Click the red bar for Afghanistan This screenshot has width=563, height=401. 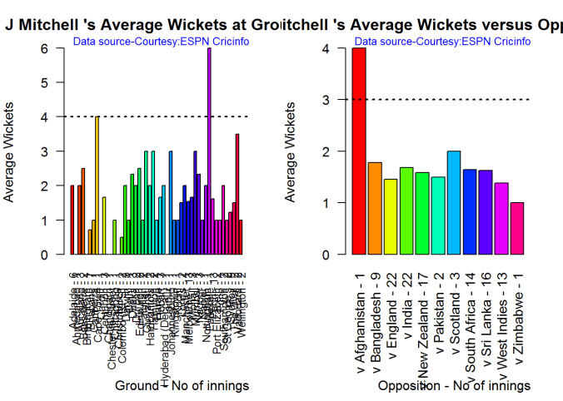pos(359,151)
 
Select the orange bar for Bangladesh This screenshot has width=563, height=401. pos(375,208)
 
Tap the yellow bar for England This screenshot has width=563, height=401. pos(390,216)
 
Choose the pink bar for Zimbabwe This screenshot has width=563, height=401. pos(516,228)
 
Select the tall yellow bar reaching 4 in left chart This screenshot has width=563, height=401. pos(97,185)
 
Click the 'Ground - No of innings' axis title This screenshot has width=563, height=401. pos(182,386)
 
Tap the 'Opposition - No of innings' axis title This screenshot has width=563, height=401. pos(454,386)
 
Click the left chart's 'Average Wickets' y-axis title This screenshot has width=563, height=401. pos(10,151)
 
